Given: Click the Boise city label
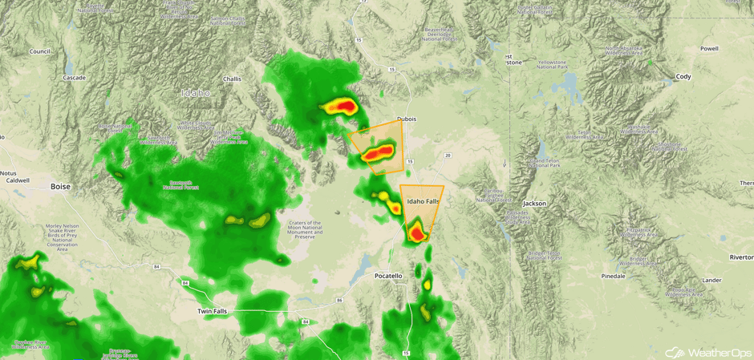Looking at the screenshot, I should [x=61, y=187].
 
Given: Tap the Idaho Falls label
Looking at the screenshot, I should [x=423, y=201].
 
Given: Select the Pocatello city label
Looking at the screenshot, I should [x=388, y=276].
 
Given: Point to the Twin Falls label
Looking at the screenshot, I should [x=213, y=311].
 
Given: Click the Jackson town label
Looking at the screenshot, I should [x=534, y=204].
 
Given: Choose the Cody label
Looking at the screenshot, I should [x=683, y=77].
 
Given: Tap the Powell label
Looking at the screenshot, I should [x=709, y=49].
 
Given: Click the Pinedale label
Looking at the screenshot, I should [x=613, y=276].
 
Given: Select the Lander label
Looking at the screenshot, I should [x=711, y=280].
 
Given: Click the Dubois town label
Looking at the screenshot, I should [x=407, y=119].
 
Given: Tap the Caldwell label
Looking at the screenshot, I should [x=17, y=180].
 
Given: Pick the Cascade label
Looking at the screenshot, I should [x=74, y=78].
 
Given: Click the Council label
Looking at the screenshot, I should [x=40, y=51].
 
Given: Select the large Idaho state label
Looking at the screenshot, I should [x=196, y=93].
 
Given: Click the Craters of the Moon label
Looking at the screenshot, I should [x=305, y=229].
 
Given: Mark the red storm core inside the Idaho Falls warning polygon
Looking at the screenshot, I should [x=416, y=233].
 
